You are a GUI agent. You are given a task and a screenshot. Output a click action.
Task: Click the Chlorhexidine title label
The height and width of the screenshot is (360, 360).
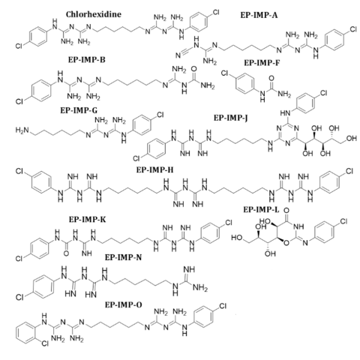(x=94, y=14)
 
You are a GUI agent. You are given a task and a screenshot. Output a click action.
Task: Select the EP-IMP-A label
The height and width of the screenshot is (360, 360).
(x=259, y=15)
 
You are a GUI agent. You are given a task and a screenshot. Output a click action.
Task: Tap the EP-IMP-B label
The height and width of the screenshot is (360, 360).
(x=87, y=60)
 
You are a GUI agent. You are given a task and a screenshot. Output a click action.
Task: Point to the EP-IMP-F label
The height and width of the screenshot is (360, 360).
(x=262, y=63)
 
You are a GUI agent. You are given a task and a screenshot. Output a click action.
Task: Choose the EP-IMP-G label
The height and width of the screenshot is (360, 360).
(x=79, y=110)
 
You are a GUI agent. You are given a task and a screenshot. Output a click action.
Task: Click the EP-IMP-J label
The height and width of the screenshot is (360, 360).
(x=230, y=118)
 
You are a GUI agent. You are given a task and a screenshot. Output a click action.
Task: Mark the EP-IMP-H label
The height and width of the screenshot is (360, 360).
(x=155, y=170)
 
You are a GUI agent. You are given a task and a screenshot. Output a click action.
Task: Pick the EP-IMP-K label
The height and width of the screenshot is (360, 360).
(x=88, y=220)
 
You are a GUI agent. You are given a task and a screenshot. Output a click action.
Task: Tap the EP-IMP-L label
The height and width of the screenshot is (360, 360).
(x=261, y=210)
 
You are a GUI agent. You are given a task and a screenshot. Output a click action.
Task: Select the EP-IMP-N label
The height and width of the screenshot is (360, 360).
(x=123, y=257)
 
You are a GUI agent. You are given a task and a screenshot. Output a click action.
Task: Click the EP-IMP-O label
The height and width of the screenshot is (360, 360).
(x=123, y=304)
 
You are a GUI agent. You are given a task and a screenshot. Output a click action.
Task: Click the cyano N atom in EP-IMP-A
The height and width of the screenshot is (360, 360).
(x=178, y=55)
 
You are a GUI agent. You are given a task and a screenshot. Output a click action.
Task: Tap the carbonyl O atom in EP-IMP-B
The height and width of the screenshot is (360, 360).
(x=193, y=69)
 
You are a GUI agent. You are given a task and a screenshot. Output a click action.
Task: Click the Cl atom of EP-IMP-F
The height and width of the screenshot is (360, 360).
(x=225, y=73)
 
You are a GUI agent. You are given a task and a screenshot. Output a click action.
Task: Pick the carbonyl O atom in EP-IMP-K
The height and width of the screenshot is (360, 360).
(x=66, y=253)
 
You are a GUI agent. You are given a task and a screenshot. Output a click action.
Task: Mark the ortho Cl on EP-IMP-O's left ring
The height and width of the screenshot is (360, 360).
(x=45, y=344)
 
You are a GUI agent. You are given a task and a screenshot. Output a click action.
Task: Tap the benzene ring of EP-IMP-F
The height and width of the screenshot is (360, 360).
(x=245, y=83)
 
